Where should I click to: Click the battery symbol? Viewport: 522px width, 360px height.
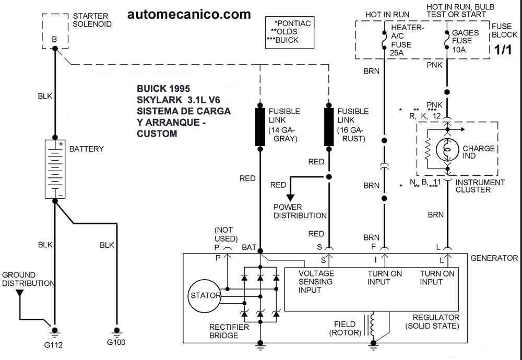[x=55, y=169]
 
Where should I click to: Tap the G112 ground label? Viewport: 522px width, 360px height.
[x=53, y=345]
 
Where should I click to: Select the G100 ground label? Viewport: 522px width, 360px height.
[x=116, y=342]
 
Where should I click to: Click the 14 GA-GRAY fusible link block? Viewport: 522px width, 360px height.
[x=260, y=127]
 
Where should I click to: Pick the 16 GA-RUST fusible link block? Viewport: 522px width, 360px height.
[x=329, y=127]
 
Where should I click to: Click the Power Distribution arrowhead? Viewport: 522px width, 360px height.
[x=290, y=197]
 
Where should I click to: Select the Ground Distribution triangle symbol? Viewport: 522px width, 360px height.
[x=20, y=293]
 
